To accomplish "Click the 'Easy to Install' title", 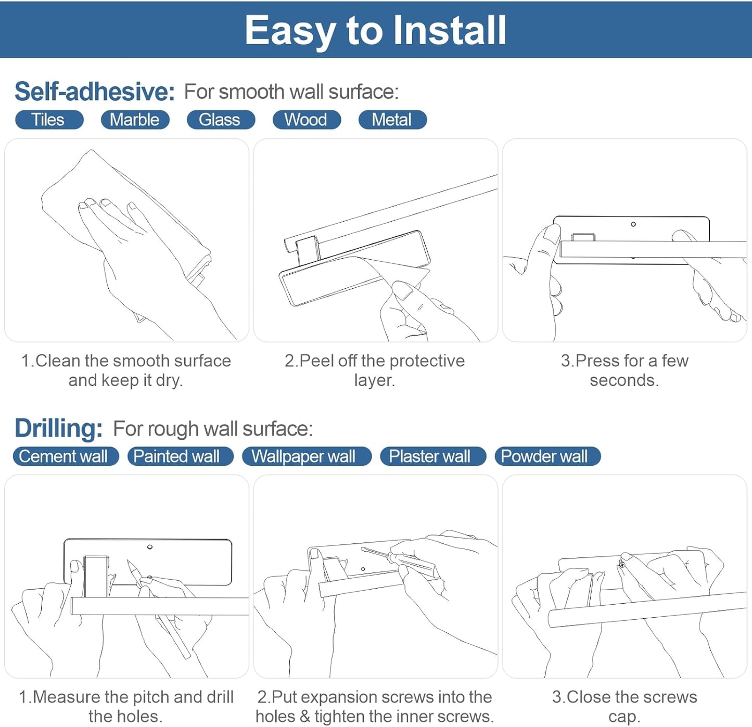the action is pyautogui.click(x=375, y=30).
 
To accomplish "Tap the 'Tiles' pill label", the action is pyautogui.click(x=49, y=119).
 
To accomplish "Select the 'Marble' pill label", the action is pyautogui.click(x=135, y=119).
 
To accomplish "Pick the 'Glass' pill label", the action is pyautogui.click(x=221, y=119).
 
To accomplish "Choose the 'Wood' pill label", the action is pyautogui.click(x=307, y=119).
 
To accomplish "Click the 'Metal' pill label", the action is pyautogui.click(x=392, y=119).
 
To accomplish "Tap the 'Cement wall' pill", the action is pyautogui.click(x=65, y=456).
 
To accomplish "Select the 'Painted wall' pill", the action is pyautogui.click(x=180, y=456).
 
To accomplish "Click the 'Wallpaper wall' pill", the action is pyautogui.click(x=307, y=456).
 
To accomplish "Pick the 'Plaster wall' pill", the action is pyautogui.click(x=433, y=456).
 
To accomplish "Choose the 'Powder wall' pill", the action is pyautogui.click(x=547, y=456).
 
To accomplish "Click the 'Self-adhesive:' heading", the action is pyautogui.click(x=95, y=92).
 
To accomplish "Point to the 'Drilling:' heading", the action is pyautogui.click(x=58, y=428).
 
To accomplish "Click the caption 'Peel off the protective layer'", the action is pyautogui.click(x=375, y=370).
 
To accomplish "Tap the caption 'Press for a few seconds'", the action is pyautogui.click(x=624, y=370).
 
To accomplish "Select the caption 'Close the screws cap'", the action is pyautogui.click(x=624, y=707).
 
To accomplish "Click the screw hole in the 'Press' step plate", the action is pyautogui.click(x=633, y=224).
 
